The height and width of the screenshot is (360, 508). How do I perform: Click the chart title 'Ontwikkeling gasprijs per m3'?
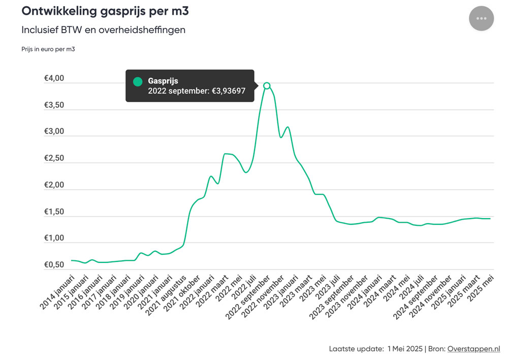point(105,11)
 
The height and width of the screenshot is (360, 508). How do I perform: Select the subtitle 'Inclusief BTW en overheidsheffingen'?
point(103,30)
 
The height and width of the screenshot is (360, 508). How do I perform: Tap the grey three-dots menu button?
point(482,18)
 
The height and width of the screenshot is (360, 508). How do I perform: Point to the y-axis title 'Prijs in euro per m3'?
point(48,49)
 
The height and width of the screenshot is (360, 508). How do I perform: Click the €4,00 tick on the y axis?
point(54,78)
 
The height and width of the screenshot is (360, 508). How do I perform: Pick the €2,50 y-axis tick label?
point(54,158)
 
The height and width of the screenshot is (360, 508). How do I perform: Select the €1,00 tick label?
point(54,238)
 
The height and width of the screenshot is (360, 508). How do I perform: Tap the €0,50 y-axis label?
point(54,264)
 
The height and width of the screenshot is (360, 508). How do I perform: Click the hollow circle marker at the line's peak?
point(267,85)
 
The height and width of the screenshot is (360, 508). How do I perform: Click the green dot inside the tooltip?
point(138,81)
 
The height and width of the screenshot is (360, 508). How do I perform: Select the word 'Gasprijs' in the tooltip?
point(163,81)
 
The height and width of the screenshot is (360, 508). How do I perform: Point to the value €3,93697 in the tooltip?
point(229,91)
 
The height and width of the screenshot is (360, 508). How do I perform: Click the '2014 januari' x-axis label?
point(57,292)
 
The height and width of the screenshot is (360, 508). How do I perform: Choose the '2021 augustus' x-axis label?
point(166,295)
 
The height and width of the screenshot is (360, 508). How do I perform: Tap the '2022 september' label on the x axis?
point(248,297)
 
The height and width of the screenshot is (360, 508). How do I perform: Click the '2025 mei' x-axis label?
point(481,288)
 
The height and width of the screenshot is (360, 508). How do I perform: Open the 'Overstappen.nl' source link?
point(473,349)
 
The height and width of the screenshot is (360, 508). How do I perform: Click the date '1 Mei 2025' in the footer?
point(405,349)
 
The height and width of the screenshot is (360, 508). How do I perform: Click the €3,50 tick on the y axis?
point(54,105)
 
